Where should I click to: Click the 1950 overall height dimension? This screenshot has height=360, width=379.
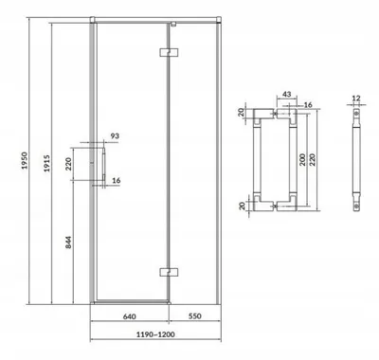(25, 161)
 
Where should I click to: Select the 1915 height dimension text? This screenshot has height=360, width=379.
(46, 163)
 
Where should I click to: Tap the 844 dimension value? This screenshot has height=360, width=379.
(69, 243)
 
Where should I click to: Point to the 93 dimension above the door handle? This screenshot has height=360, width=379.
(115, 135)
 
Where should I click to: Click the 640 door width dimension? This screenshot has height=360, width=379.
(129, 316)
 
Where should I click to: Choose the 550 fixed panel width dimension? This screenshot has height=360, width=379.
(194, 315)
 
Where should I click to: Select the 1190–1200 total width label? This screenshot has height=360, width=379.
(155, 334)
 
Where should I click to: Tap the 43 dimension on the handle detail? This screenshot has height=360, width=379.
(286, 94)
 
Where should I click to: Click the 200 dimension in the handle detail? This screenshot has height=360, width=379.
(302, 160)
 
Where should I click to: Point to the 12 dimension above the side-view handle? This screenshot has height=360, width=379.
(356, 99)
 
